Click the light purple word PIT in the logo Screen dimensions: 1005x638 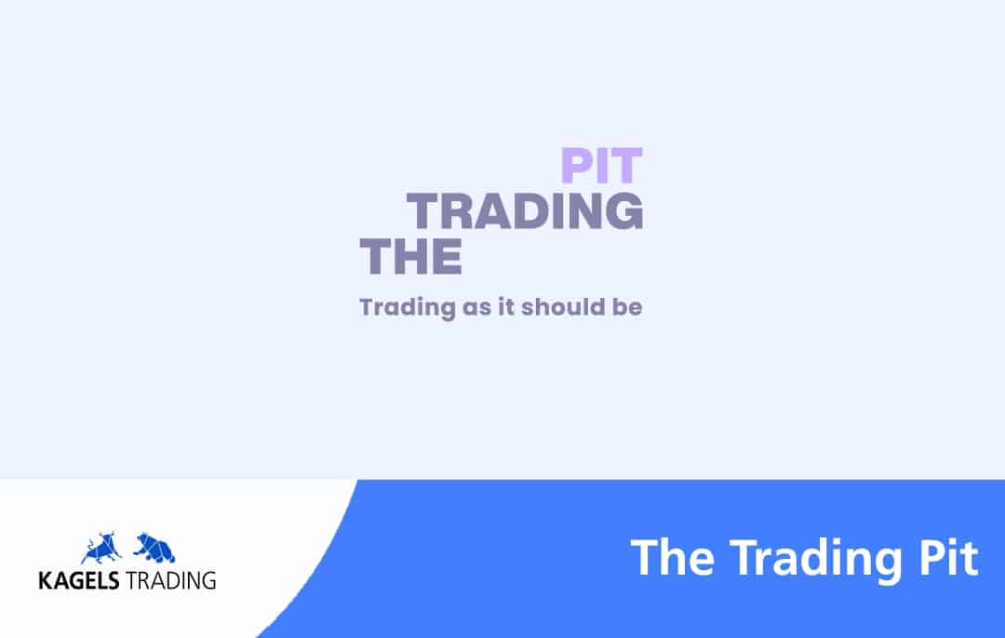[x=601, y=166]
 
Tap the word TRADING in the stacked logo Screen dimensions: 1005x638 [x=525, y=210]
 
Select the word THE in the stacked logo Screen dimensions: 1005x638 [x=411, y=256]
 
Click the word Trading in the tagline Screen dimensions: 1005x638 [x=407, y=307]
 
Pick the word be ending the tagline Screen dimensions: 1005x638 [x=627, y=306]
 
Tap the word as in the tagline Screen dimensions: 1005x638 [x=476, y=308]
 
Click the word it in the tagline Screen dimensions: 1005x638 [x=506, y=306]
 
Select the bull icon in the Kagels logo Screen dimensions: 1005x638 [x=102, y=548]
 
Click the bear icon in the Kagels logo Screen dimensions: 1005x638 [x=154, y=548]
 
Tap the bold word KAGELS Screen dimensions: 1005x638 [x=79, y=580]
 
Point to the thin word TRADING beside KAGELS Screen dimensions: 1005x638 [x=171, y=580]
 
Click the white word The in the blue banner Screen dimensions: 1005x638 [x=673, y=558]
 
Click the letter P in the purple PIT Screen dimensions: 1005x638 [x=576, y=166]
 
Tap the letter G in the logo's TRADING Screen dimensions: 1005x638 [x=623, y=210]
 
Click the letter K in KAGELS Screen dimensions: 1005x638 [x=46, y=580]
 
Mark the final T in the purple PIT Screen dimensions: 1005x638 [x=626, y=166]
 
